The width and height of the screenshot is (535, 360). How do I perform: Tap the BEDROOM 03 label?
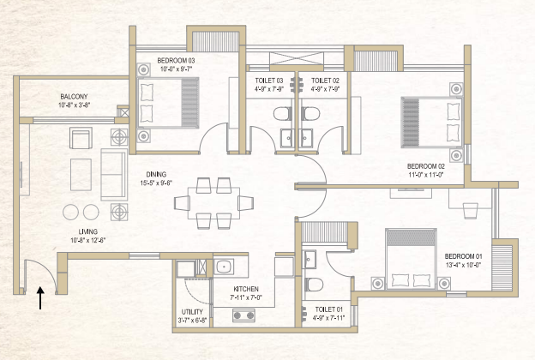tap(176, 60)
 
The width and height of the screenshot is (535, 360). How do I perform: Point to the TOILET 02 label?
tap(326, 80)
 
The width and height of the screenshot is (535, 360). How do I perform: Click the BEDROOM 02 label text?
tap(424, 165)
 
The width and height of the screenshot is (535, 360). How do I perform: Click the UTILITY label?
tap(192, 312)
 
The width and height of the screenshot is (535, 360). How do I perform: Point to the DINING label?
tap(159, 173)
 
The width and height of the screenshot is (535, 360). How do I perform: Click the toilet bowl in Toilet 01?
tap(315, 285)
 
